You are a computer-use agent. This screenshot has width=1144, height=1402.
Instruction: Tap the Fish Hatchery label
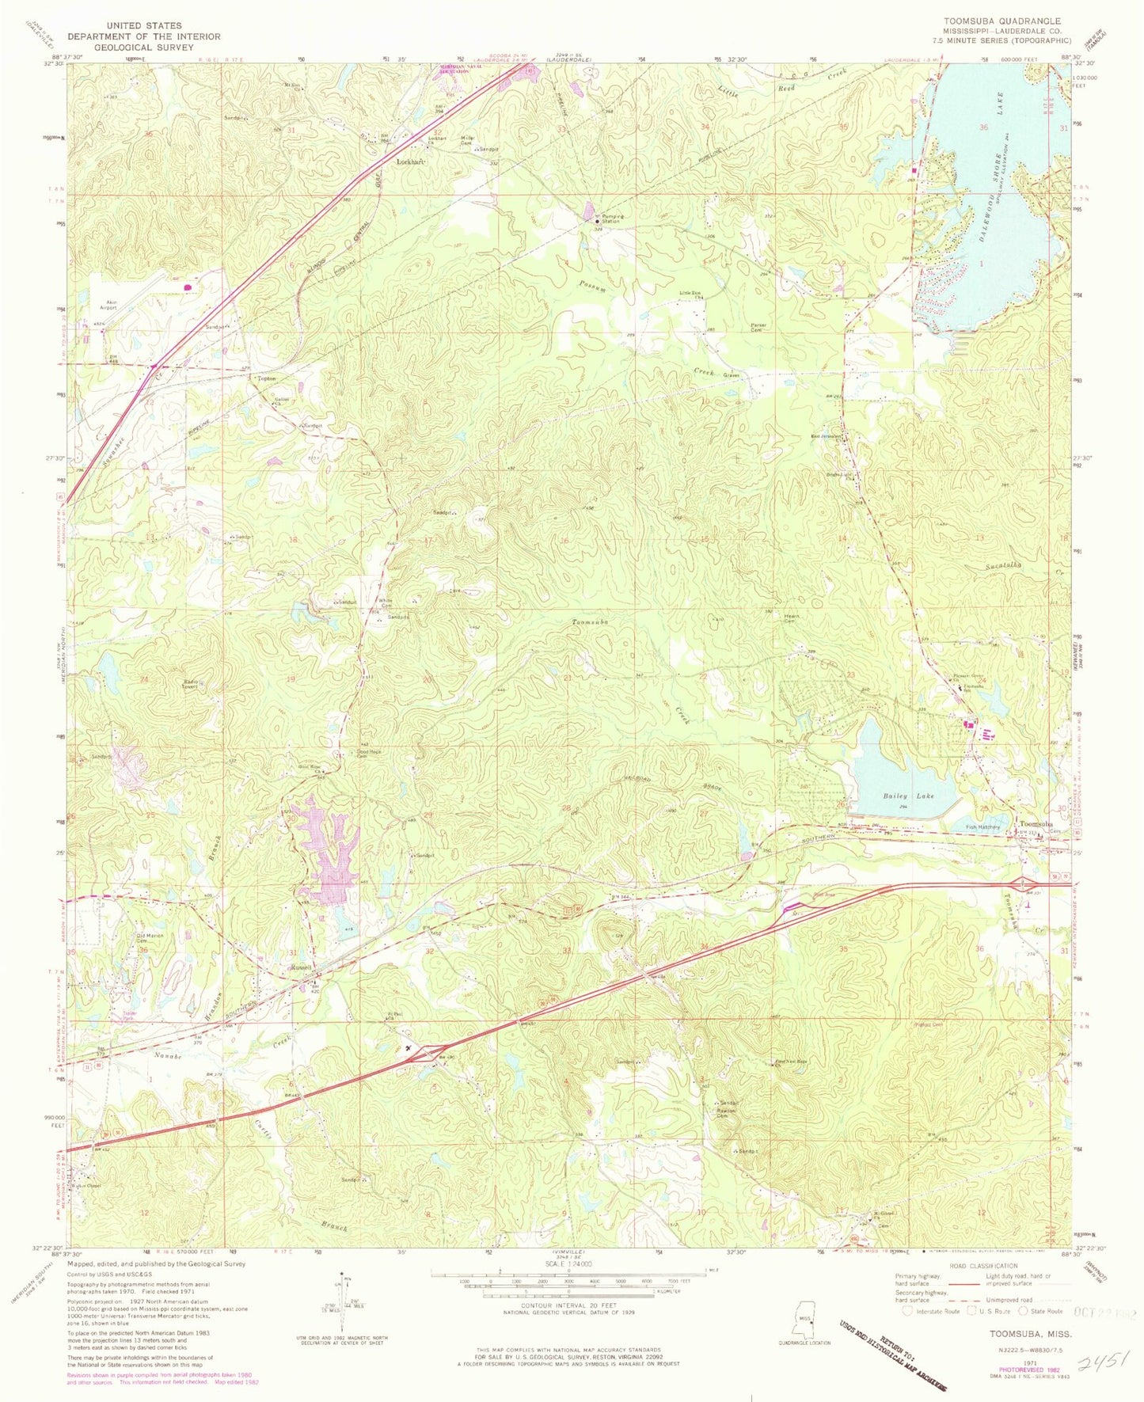tap(982, 827)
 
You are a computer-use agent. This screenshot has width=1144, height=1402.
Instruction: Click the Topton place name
tap(267, 379)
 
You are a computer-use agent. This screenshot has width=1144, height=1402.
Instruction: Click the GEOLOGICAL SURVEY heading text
tap(143, 47)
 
